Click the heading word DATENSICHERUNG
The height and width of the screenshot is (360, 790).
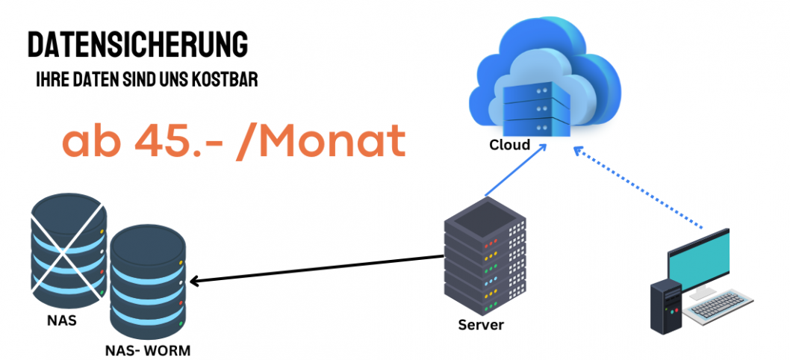click(x=137, y=45)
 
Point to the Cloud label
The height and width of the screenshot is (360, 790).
click(x=510, y=145)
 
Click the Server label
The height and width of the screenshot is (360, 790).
click(x=481, y=325)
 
